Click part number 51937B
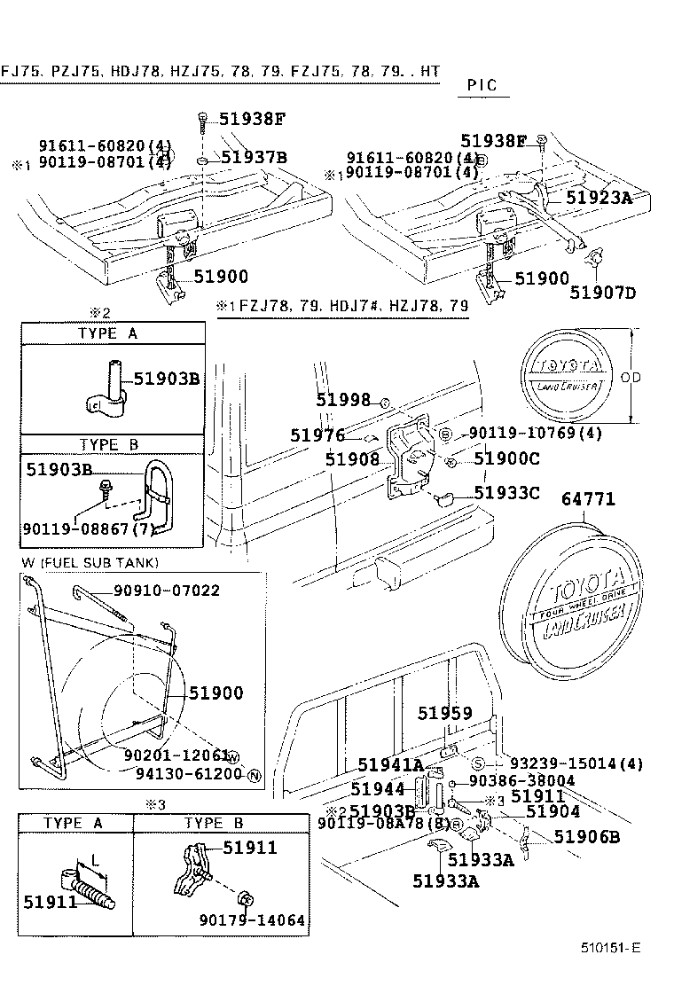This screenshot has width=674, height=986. [255, 158]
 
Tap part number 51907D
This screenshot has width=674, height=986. [603, 292]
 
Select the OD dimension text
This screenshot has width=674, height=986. [631, 377]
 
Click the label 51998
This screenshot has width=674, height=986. [343, 401]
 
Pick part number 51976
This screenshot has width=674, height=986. [317, 434]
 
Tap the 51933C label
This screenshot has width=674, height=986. [506, 492]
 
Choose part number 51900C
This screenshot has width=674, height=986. [506, 458]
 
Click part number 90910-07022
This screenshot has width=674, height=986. [166, 591]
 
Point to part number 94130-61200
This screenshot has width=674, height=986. [189, 774]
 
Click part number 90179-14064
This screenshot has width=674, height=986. [252, 920]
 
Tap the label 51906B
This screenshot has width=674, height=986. [587, 836]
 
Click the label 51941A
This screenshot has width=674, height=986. [390, 765]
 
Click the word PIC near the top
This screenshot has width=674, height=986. [482, 86]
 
